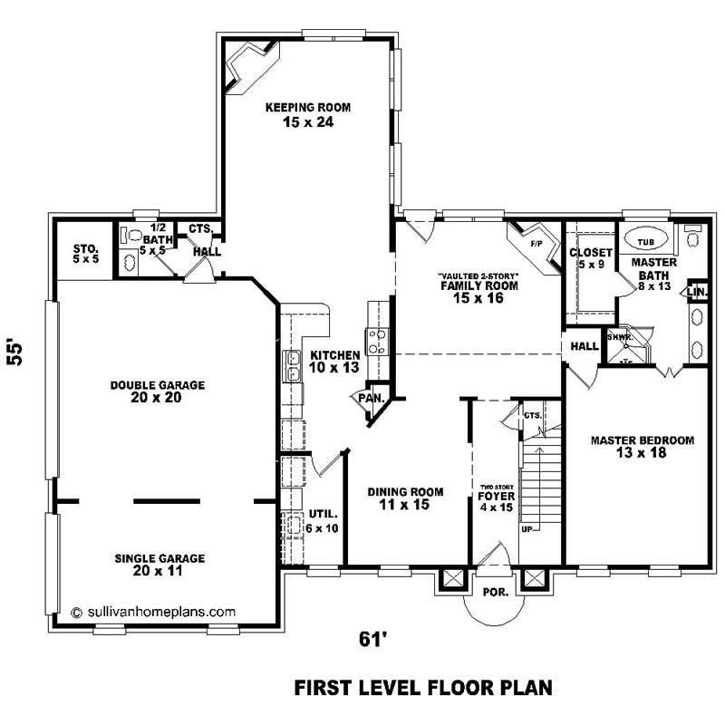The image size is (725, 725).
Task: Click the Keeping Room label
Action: pos(307,114)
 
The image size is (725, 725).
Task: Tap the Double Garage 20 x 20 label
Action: pos(158,391)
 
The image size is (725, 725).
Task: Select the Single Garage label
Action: pos(159,565)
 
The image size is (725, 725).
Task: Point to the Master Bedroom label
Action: pos(642,447)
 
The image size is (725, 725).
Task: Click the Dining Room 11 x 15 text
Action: pos(405,498)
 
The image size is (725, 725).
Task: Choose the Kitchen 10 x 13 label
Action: pos(334,362)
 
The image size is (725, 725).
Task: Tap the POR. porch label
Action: pos(496,592)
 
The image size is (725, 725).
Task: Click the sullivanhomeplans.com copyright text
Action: pos(153,612)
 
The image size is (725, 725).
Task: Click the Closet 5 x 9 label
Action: pos(590,258)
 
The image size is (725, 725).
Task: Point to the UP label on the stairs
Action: pos(527,527)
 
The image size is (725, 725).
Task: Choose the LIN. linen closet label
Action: pos(696,292)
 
